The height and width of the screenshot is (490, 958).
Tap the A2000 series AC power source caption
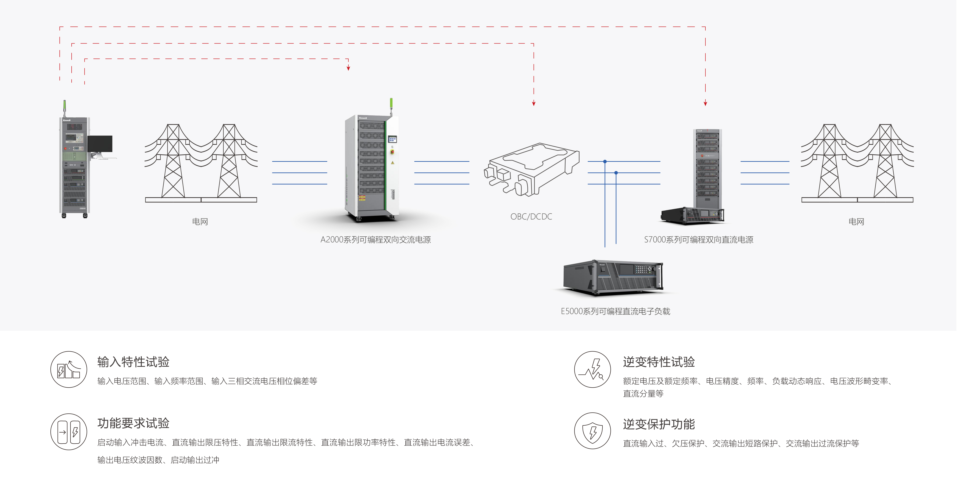pyautogui.click(x=375, y=240)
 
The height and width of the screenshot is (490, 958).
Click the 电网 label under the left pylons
pyautogui.click(x=200, y=222)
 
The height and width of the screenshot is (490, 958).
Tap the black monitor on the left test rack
pyautogui.click(x=100, y=144)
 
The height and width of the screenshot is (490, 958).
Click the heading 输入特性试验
pyautogui.click(x=133, y=362)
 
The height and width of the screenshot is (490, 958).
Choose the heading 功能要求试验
pyautogui.click(x=133, y=423)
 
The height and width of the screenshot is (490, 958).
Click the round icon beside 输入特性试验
pyautogui.click(x=69, y=369)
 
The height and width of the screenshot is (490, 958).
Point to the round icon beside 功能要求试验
pyautogui.click(x=69, y=432)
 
